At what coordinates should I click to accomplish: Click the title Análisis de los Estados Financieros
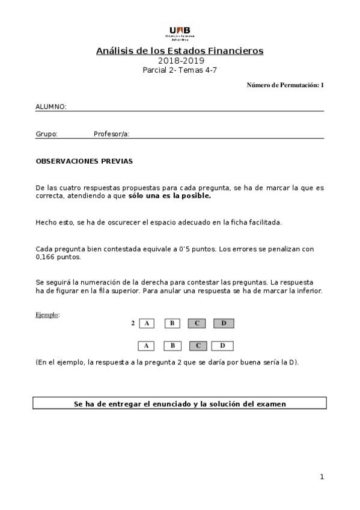[180, 51]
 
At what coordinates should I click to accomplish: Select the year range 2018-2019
[181, 61]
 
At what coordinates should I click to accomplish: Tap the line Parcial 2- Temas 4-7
[180, 70]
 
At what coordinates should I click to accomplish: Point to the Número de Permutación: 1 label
[285, 85]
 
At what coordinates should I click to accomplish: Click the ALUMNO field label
[50, 107]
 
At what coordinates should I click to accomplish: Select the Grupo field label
[46, 135]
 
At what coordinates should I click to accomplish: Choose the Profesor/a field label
[111, 135]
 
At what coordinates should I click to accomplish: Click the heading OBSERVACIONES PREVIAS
[84, 162]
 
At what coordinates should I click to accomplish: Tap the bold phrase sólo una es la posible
[169, 195]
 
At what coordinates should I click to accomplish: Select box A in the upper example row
[147, 324]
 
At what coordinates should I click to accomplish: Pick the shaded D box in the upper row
[224, 324]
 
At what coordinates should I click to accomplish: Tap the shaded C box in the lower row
[198, 346]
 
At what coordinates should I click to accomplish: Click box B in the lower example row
[172, 346]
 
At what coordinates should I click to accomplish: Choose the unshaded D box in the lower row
[222, 346]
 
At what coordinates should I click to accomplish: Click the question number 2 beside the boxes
[133, 324]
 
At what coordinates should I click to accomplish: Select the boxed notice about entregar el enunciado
[180, 404]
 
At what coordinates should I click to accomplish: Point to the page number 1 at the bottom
[322, 477]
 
